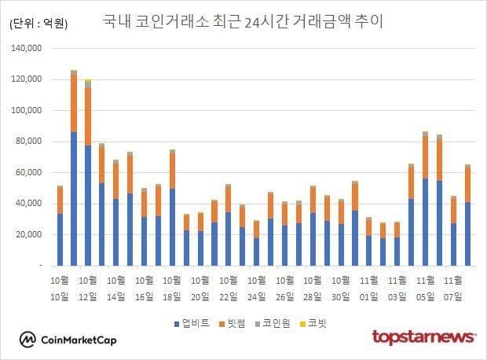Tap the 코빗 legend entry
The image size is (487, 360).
pyautogui.click(x=317, y=323)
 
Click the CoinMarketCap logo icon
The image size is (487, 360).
pyautogui.click(x=28, y=340)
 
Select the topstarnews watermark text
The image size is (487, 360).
pyautogui.click(x=423, y=337)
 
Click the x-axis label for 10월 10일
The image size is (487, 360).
pyautogui.click(x=60, y=287)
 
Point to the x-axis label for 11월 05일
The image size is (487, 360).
pyautogui.click(x=425, y=287)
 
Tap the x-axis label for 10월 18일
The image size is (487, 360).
pyautogui.click(x=172, y=287)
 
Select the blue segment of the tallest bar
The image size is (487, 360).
pyautogui.click(x=74, y=200)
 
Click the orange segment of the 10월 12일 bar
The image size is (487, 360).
pyautogui.click(x=88, y=116)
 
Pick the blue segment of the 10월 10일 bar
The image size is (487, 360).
pyautogui.click(x=60, y=240)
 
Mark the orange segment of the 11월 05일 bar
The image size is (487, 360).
pyautogui.click(x=425, y=158)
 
